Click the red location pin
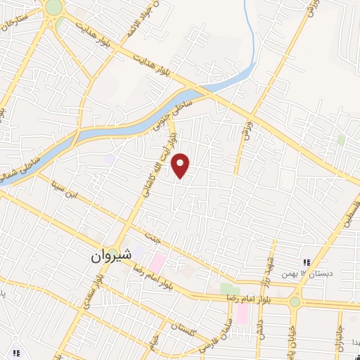[x=181, y=165]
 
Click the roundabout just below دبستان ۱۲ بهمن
[x=293, y=302]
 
